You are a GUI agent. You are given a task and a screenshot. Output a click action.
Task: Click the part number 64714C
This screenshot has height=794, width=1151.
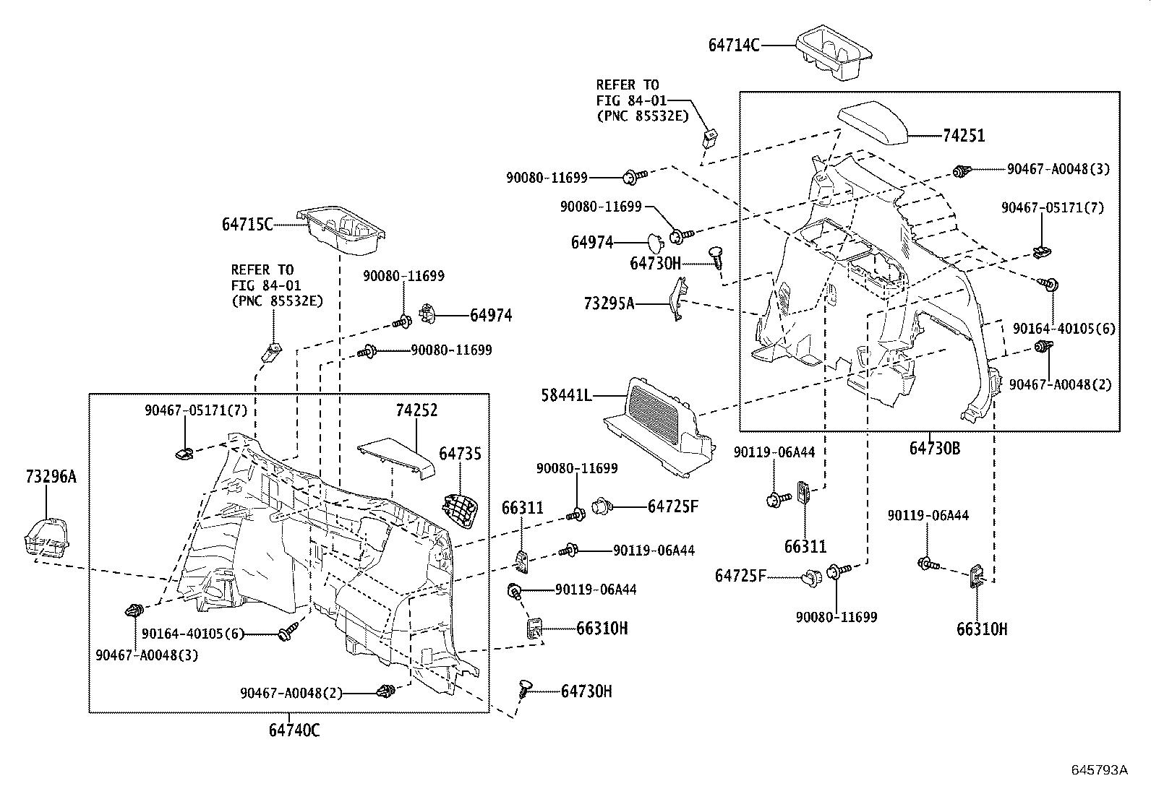(x=733, y=45)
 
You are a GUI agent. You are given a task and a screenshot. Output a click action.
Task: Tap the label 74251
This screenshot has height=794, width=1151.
(x=964, y=136)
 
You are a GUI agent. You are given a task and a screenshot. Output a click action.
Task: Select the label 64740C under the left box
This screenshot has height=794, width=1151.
(x=294, y=730)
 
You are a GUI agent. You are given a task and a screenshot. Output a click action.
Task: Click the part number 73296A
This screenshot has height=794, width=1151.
(x=50, y=477)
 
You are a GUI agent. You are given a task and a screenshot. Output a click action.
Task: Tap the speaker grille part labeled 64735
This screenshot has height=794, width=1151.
(x=460, y=511)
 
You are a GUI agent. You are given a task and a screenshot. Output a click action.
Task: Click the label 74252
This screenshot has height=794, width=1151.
(x=416, y=410)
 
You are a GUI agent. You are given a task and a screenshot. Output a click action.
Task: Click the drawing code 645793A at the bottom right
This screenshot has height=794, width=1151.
(x=1099, y=770)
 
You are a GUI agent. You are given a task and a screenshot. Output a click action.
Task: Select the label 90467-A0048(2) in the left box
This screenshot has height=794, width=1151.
(x=291, y=693)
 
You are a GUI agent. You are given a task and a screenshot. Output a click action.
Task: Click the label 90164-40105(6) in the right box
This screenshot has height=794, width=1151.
(x=1064, y=328)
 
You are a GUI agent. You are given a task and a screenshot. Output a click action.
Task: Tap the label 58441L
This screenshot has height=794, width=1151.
(x=566, y=395)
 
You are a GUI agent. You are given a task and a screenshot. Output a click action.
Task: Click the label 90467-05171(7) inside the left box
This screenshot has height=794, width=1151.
(x=196, y=410)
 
